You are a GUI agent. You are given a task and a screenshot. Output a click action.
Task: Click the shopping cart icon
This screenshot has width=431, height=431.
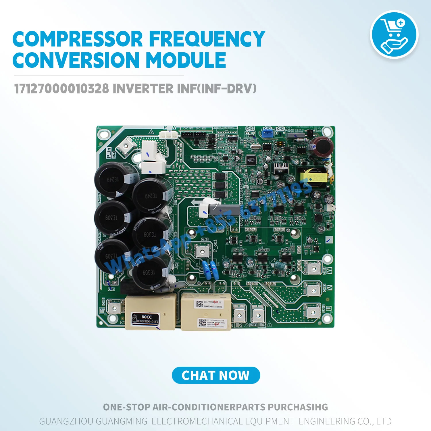click(x=394, y=34)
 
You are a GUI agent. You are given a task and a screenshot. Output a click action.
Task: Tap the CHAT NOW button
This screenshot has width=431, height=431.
click(x=216, y=375)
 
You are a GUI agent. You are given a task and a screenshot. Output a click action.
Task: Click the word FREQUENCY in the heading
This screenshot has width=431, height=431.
click(x=207, y=39)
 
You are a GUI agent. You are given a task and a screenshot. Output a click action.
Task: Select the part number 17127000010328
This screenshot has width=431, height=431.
click(x=61, y=89)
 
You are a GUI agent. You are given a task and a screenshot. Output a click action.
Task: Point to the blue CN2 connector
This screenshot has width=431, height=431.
click(x=268, y=133)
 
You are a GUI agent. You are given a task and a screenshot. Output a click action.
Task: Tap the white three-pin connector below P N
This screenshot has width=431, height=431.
click(x=169, y=135)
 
